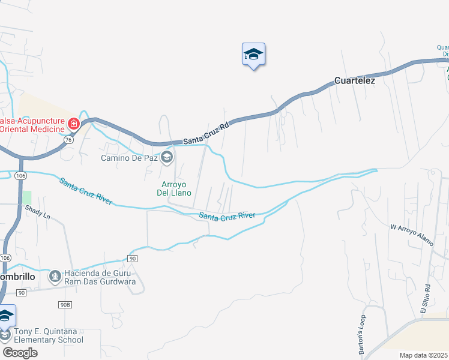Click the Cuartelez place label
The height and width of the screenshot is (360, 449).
pos(354,80)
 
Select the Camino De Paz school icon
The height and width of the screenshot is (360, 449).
pos(167,158)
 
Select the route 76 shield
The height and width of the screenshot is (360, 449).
pos(68,140)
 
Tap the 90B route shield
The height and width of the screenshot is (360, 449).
pos(65,305)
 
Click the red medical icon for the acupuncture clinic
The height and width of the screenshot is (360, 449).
pos(74,125)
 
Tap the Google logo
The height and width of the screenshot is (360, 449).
pos(20,352)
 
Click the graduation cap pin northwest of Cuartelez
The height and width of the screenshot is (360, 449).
pos(253,55)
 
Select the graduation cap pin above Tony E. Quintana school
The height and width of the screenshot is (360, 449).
pos(6,316)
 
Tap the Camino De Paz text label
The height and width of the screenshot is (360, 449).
pos(129,158)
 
